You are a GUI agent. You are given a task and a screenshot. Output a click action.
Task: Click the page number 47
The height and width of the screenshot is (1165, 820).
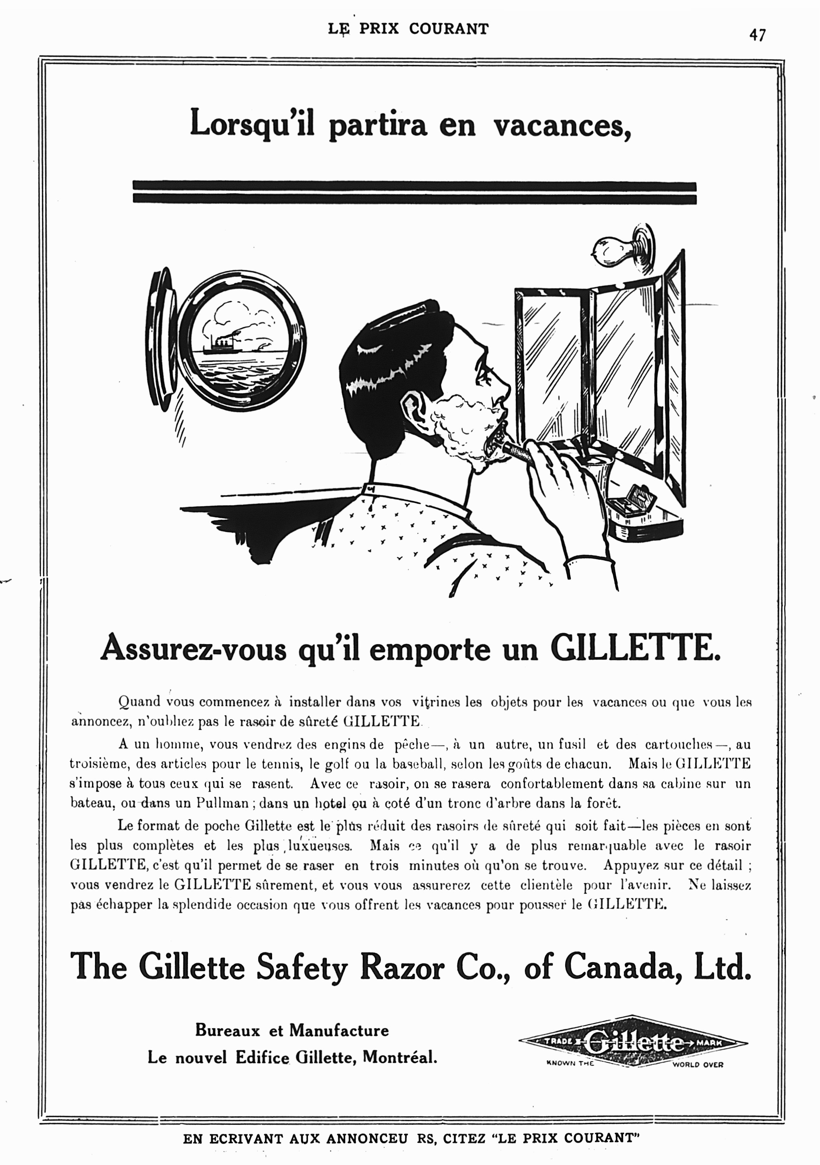(x=757, y=35)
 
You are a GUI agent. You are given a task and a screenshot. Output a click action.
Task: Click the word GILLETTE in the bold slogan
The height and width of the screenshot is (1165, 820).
(x=635, y=650)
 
